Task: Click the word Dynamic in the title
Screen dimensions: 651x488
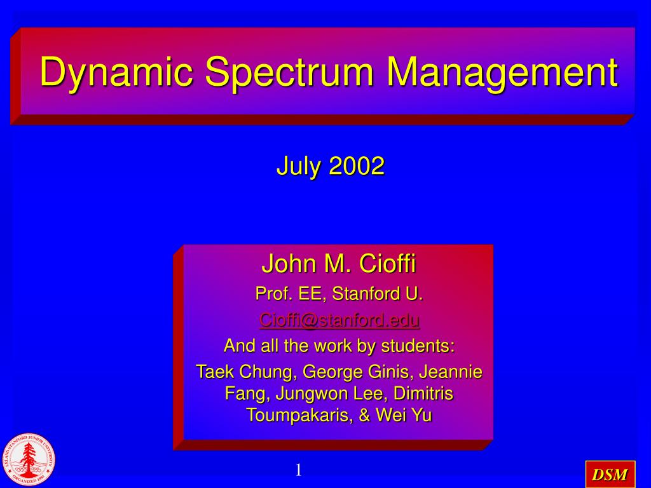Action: click(x=117, y=72)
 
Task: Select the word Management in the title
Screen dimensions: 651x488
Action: click(x=502, y=72)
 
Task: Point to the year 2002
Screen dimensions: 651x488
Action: click(x=357, y=166)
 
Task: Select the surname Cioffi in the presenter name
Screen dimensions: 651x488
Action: click(x=387, y=263)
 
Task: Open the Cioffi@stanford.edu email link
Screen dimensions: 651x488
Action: click(x=339, y=320)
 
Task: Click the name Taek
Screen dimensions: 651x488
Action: click(x=215, y=371)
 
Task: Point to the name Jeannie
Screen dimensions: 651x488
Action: click(x=451, y=371)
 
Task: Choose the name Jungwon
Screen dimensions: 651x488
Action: click(x=312, y=393)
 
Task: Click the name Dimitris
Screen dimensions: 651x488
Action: click(x=423, y=393)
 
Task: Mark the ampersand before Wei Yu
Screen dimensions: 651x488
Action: click(x=364, y=415)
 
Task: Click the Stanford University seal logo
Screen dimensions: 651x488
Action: click(x=28, y=459)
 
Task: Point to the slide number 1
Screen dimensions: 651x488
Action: click(x=299, y=470)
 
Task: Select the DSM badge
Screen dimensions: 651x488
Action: click(x=610, y=474)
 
